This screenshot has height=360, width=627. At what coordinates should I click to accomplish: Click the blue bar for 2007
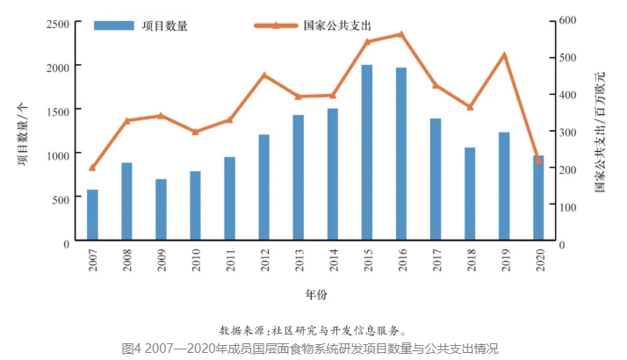coord(92,214)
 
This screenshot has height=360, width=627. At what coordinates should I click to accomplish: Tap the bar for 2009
coord(161,209)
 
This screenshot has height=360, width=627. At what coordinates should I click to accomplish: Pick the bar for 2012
coord(263,187)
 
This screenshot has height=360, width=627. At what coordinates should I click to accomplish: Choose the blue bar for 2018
coord(470,193)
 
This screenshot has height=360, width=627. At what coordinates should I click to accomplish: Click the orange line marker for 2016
coord(400,34)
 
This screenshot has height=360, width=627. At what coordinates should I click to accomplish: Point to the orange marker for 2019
coord(504,55)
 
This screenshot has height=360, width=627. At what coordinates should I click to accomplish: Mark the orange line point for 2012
coord(263,76)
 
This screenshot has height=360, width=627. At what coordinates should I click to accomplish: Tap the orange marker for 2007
coord(92,168)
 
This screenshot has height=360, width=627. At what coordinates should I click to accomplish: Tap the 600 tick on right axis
coord(568,19)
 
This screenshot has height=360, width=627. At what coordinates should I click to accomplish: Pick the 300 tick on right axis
coord(568,132)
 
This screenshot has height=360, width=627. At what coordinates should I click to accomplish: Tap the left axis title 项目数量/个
coord(21,132)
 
